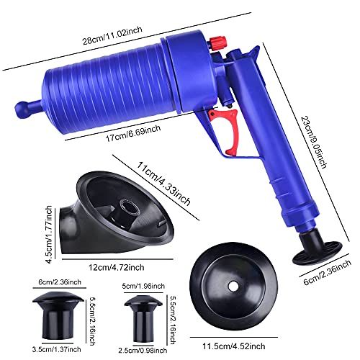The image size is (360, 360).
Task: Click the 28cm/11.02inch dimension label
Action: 112,35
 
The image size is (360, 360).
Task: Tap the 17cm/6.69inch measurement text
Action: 133,133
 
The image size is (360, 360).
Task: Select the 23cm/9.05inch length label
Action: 314,142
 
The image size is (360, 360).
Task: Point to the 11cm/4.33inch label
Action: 163,184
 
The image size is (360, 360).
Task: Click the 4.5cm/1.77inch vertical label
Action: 49,234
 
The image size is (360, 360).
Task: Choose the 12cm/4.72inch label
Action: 117,267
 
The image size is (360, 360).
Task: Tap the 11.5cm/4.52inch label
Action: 234,346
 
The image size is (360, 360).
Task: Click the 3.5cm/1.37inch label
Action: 57,349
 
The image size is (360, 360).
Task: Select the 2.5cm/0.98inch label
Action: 143,351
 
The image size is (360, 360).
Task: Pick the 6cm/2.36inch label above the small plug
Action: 60,282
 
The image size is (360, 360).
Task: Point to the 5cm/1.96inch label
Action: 143,286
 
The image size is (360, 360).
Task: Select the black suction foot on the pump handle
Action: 317,250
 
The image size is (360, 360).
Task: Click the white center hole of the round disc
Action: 233,286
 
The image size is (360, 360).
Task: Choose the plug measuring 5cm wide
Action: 143,318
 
